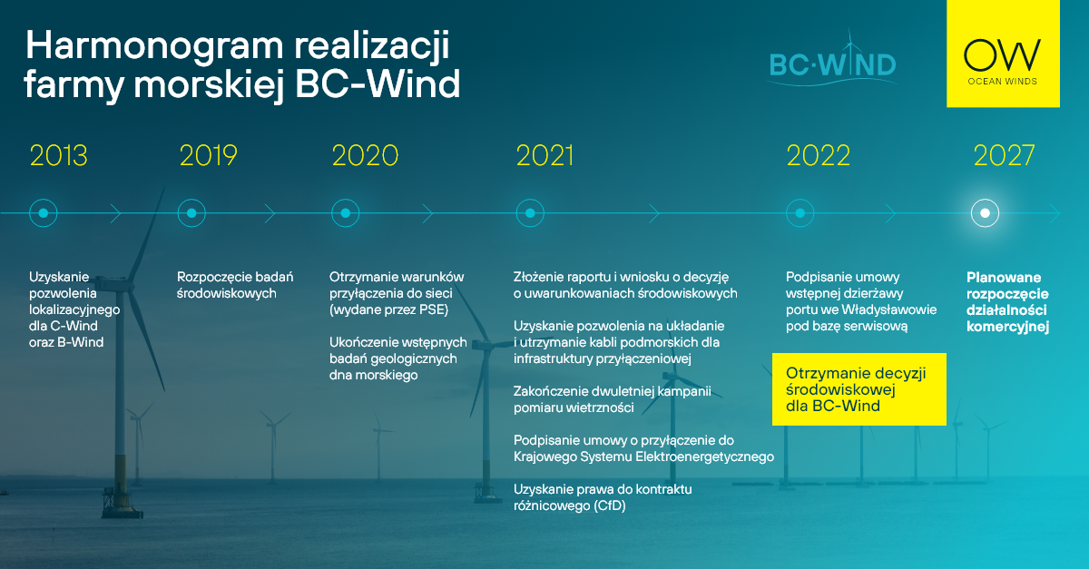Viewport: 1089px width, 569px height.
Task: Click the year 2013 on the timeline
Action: pyautogui.click(x=58, y=155)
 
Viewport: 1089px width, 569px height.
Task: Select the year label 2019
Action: pyautogui.click(x=208, y=155)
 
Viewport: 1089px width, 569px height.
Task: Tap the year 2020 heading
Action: pyautogui.click(x=365, y=155)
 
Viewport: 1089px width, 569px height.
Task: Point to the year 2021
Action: pyautogui.click(x=544, y=155)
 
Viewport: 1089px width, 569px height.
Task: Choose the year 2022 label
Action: pyautogui.click(x=819, y=155)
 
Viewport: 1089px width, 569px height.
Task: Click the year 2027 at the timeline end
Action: pyautogui.click(x=1004, y=155)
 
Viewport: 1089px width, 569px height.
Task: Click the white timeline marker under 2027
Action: pyautogui.click(x=985, y=213)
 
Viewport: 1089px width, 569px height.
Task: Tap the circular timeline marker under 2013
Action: pyautogui.click(x=44, y=213)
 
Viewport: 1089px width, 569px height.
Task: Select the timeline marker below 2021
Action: pyautogui.click(x=530, y=213)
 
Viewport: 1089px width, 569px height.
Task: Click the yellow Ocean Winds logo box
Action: pyautogui.click(x=1003, y=54)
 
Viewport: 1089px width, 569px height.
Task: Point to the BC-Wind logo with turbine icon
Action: pyautogui.click(x=832, y=59)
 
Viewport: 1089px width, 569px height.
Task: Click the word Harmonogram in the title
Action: pyautogui.click(x=154, y=46)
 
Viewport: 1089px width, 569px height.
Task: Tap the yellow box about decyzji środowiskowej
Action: pyautogui.click(x=859, y=389)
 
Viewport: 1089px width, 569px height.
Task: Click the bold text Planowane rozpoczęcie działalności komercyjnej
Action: pyautogui.click(x=1007, y=301)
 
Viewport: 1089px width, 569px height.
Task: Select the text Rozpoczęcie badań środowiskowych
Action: pyautogui.click(x=235, y=285)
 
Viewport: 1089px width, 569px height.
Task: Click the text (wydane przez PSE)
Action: pyautogui.click(x=389, y=309)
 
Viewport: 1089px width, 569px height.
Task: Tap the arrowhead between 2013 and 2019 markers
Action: pyautogui.click(x=115, y=213)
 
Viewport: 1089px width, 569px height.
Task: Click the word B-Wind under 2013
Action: pyautogui.click(x=80, y=342)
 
